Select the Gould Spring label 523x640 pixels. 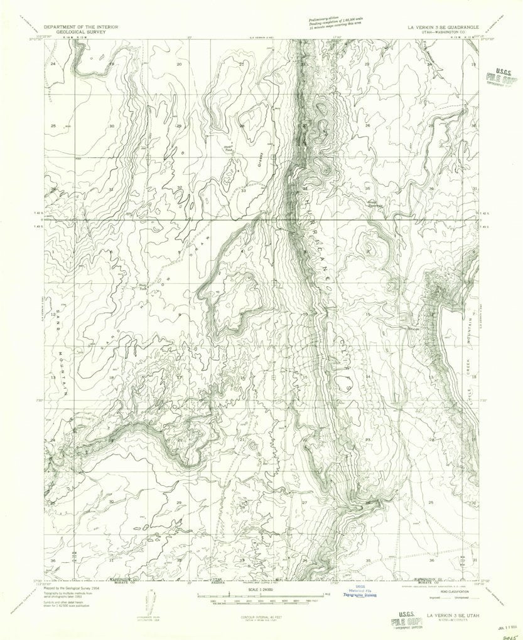coord(377,202)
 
